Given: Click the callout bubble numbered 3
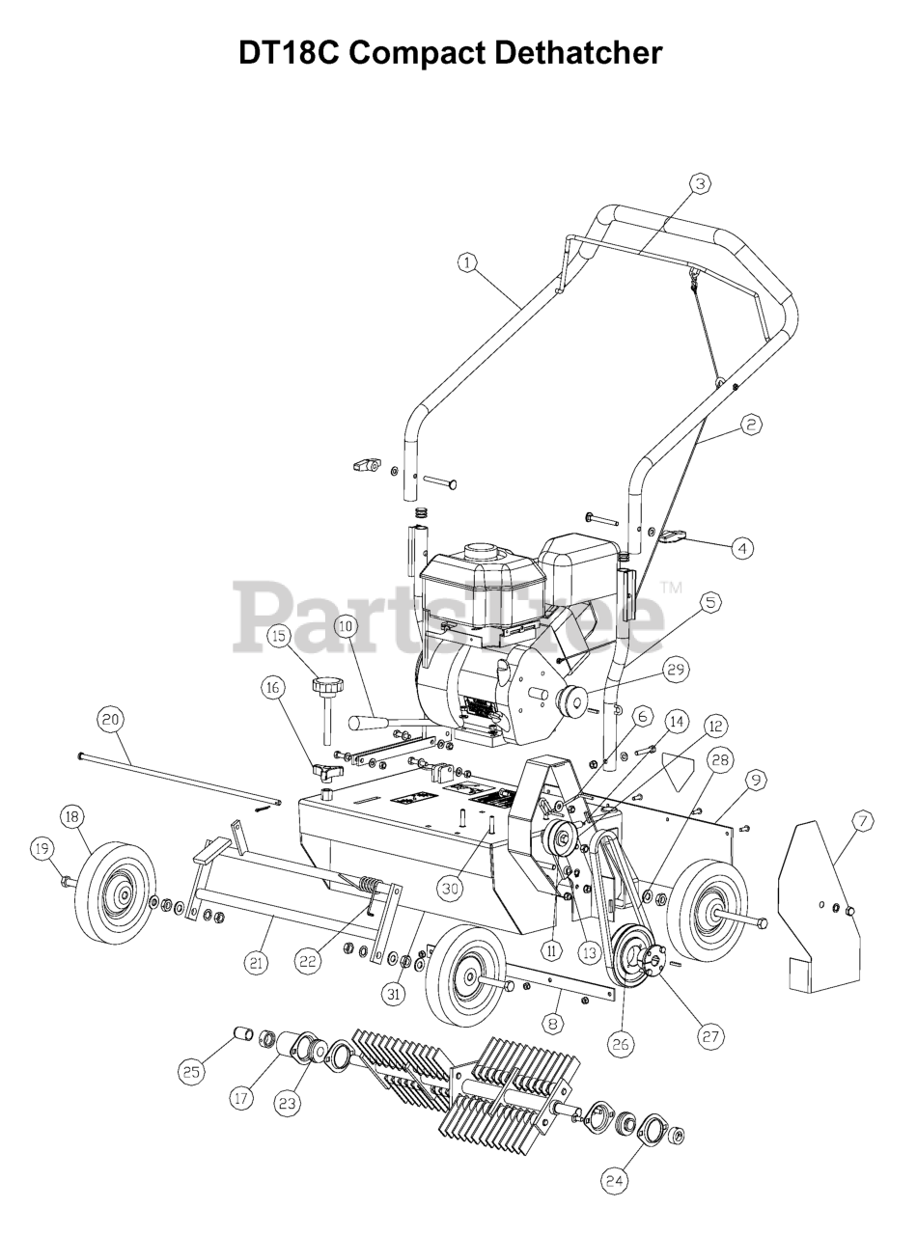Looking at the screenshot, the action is click(700, 182).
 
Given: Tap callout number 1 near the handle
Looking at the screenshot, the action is click(468, 262).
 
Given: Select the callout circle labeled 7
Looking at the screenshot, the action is click(862, 821).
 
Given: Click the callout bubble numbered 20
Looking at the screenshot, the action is click(110, 719).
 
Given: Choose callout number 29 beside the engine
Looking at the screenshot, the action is click(675, 669).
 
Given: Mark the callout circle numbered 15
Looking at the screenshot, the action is click(279, 636).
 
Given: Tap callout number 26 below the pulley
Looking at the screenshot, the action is click(620, 1042).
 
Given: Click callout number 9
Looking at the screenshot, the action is click(755, 778).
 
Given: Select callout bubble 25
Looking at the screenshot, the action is click(191, 1070).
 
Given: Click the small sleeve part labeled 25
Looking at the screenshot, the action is click(241, 1035).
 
